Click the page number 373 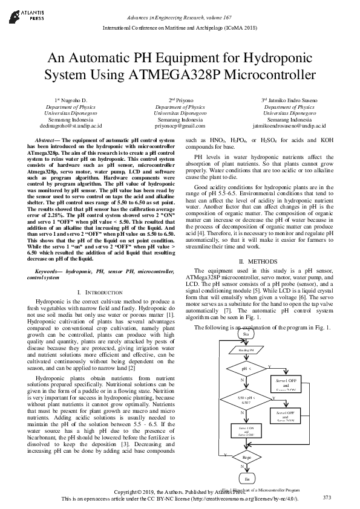327,497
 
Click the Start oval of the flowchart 246,334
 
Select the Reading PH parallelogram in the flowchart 246,350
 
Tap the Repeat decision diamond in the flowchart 246,458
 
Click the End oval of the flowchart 246,478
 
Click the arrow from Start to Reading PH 246,342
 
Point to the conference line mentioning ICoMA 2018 180,28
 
